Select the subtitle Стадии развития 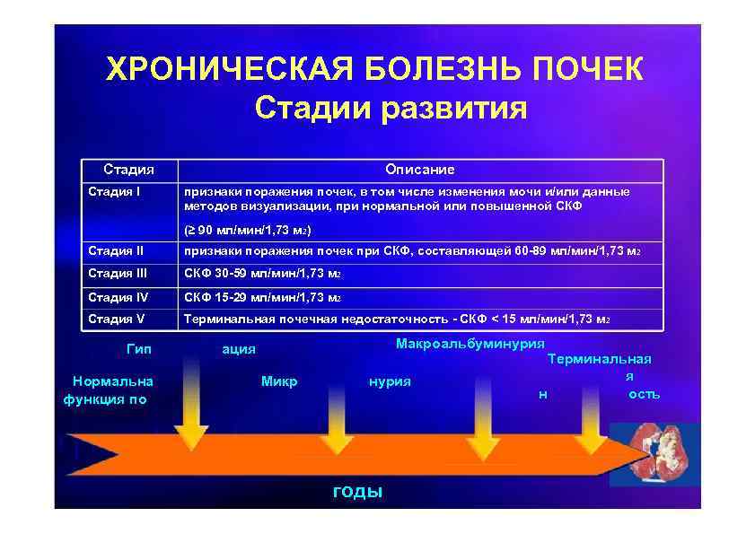pyautogui.click(x=391, y=109)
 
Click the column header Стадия pyautogui.click(x=128, y=169)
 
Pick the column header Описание pyautogui.click(x=419, y=169)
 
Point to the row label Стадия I pyautogui.click(x=114, y=191)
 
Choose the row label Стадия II pyautogui.click(x=116, y=250)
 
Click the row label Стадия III pyautogui.click(x=118, y=273)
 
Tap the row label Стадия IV pyautogui.click(x=118, y=296)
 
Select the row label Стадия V pyautogui.click(x=116, y=319)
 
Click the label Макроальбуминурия pyautogui.click(x=470, y=344)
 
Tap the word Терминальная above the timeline pyautogui.click(x=600, y=359)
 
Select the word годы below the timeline pyautogui.click(x=357, y=491)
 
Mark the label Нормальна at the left pyautogui.click(x=113, y=381)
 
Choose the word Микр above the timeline pyautogui.click(x=279, y=381)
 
